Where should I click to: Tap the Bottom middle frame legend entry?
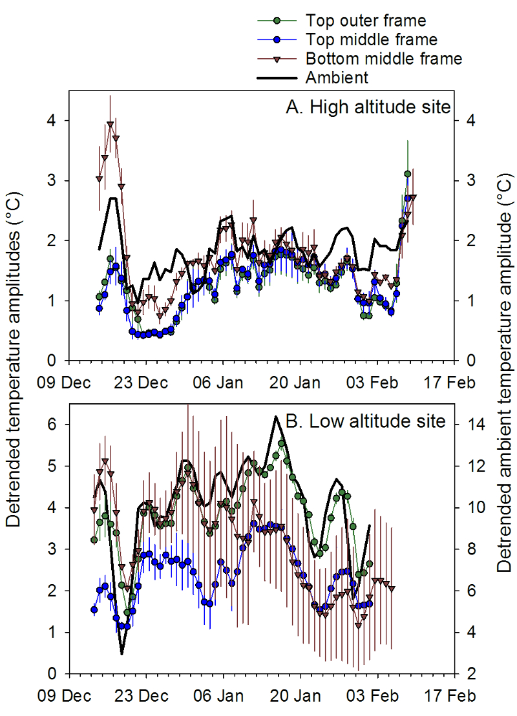point(384,59)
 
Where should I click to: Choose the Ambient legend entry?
point(337,78)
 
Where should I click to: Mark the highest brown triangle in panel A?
point(111,124)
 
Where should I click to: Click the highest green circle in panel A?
point(408,174)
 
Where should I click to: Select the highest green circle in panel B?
point(281,444)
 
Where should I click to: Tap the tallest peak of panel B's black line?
point(276,417)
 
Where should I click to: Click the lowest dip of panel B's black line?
point(121,654)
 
